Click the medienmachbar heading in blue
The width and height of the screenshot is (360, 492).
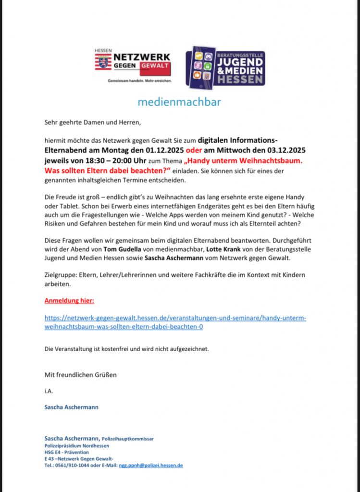coord(179,102)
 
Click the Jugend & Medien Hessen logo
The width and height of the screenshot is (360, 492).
coord(225,68)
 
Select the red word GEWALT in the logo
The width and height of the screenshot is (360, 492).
coord(154,66)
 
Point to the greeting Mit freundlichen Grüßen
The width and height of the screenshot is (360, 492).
coord(80,374)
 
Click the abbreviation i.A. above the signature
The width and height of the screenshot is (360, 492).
coord(49,391)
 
